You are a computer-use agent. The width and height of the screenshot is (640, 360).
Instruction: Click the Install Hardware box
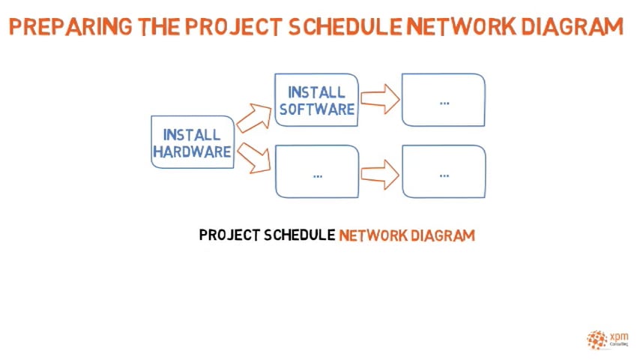pyautogui.click(x=192, y=142)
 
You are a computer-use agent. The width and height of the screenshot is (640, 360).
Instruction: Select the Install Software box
pyautogui.click(x=316, y=99)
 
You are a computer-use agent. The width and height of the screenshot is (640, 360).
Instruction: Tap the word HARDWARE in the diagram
pyautogui.click(x=192, y=151)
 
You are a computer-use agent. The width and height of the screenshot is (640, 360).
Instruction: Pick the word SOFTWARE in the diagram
pyautogui.click(x=317, y=109)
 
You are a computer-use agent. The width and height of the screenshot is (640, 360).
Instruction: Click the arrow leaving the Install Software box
pyautogui.click(x=379, y=99)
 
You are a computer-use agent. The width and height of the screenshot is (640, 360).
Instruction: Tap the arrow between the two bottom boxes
pyautogui.click(x=379, y=174)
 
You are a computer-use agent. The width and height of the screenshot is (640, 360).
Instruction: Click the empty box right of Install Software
pyautogui.click(x=444, y=100)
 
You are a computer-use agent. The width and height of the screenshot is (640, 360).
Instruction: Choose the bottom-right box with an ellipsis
pyautogui.click(x=444, y=172)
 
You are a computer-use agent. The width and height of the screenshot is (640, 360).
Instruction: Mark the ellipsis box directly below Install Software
pyautogui.click(x=316, y=172)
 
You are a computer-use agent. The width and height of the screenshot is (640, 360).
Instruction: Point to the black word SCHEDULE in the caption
pyautogui.click(x=300, y=235)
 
